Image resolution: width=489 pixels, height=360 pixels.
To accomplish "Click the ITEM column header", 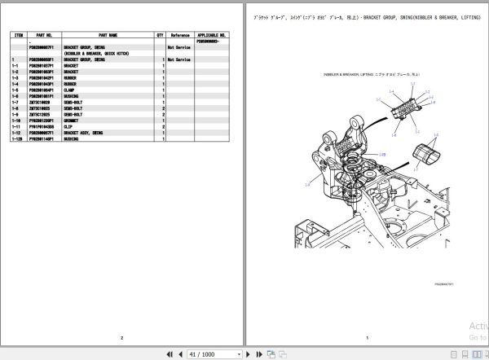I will click(x=15, y=36).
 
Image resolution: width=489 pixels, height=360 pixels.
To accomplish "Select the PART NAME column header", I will click(x=108, y=36).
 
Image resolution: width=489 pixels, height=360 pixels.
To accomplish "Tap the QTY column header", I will click(x=160, y=36).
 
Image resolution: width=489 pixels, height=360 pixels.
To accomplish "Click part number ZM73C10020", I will click(x=40, y=100).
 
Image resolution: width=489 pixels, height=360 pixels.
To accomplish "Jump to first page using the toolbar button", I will click(x=170, y=354).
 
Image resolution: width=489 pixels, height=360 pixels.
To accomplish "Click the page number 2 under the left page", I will click(x=121, y=337).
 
